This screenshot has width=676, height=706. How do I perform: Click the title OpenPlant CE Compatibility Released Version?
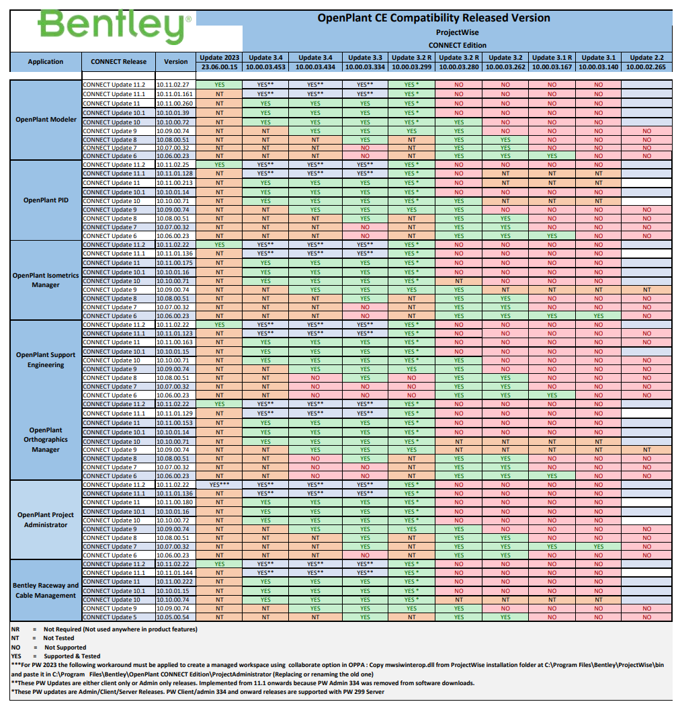(x=433, y=18)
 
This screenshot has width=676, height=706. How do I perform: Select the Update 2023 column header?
(x=220, y=58)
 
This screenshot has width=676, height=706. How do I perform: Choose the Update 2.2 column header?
(x=646, y=58)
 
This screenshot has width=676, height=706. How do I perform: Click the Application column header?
(x=46, y=62)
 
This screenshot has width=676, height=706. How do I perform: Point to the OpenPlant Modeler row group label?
(x=46, y=120)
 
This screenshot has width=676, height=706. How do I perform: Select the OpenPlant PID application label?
(x=46, y=200)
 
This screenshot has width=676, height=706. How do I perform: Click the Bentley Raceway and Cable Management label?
(x=46, y=590)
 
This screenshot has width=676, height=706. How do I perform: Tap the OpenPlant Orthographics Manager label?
(x=46, y=440)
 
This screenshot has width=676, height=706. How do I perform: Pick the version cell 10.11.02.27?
(x=173, y=85)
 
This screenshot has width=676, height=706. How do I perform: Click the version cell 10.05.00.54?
(x=173, y=617)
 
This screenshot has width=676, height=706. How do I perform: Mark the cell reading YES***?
(x=220, y=485)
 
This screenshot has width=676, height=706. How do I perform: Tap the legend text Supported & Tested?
(x=72, y=656)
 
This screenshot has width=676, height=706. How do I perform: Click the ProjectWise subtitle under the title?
(x=457, y=32)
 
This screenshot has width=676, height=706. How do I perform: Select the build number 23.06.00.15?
(x=220, y=67)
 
